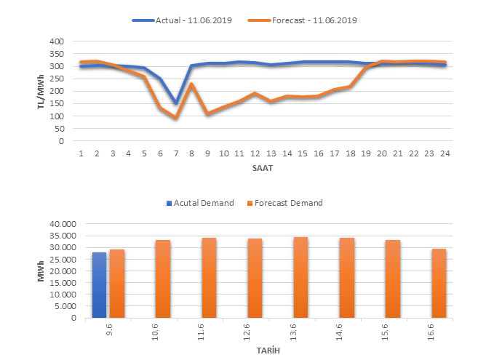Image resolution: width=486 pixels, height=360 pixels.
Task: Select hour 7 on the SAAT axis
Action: coord(176,153)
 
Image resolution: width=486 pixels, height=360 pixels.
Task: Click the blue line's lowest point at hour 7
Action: coord(176,103)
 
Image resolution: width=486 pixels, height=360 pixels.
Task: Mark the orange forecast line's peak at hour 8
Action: coord(191,84)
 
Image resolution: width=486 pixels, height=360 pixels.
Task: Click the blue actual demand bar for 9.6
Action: coord(99,285)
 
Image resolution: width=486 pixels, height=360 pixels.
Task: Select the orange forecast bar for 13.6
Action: coord(300,277)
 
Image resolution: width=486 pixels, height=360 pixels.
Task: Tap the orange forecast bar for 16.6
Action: coord(439,283)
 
